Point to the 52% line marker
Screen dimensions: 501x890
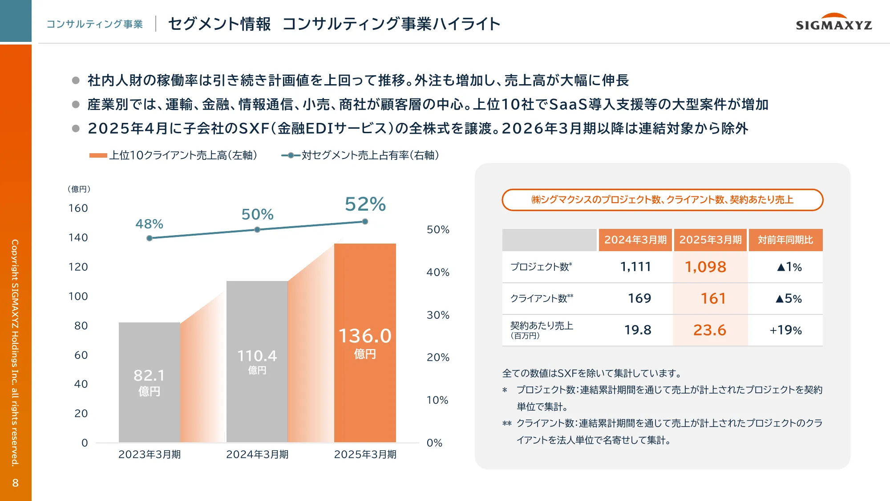pos(365,221)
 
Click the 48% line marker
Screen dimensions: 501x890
pos(150,238)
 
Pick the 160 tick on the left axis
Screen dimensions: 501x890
pos(78,208)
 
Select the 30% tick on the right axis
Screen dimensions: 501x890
pos(438,315)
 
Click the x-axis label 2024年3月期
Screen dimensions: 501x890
pos(257,454)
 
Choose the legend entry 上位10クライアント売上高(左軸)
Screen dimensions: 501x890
pos(174,155)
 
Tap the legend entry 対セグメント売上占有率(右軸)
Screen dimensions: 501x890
pos(360,155)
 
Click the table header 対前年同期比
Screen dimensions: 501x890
pos(785,240)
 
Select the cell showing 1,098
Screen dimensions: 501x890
pos(705,267)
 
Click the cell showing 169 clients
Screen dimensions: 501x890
pos(639,298)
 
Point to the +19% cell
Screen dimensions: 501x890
pos(785,330)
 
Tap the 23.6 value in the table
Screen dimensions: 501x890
pos(709,330)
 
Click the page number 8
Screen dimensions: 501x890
pos(16,483)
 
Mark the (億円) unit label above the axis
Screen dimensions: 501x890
pos(79,189)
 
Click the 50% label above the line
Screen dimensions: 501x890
pos(257,215)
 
